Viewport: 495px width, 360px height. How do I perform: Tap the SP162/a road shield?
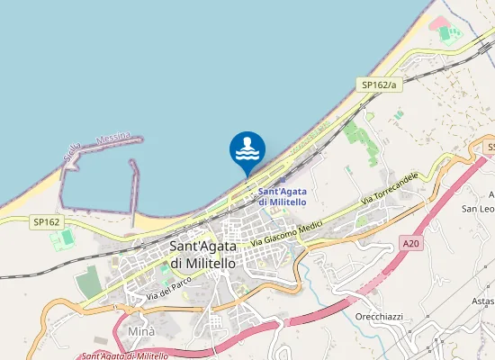click(x=378, y=84)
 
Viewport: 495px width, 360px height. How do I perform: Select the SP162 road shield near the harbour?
click(x=46, y=220)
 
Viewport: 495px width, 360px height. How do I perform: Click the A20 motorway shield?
click(x=411, y=243)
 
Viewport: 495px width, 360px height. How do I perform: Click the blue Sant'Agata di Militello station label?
click(x=282, y=196)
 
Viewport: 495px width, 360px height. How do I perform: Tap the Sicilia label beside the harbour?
click(x=73, y=153)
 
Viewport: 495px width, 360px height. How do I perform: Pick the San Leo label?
click(x=478, y=209)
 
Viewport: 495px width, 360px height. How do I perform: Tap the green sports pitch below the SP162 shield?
click(x=62, y=239)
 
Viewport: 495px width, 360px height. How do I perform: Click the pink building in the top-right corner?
click(x=440, y=22)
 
